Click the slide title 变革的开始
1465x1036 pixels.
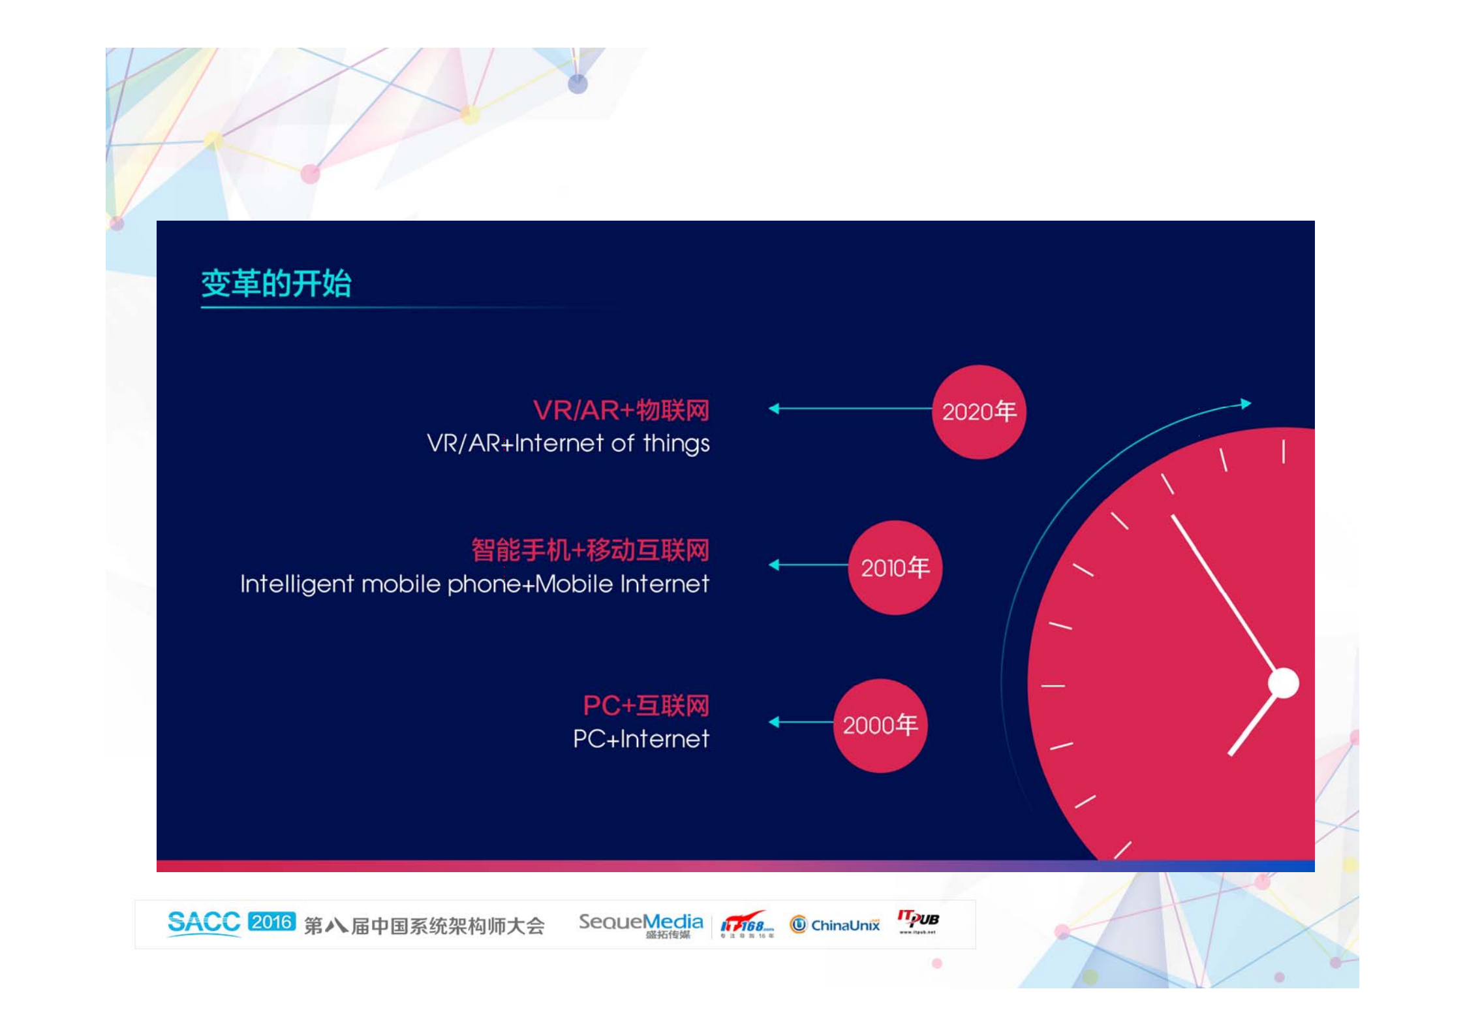276,283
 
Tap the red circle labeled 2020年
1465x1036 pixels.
979,412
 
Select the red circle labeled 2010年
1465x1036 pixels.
895,567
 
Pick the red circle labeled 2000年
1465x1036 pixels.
880,725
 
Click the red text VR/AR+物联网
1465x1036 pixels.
621,410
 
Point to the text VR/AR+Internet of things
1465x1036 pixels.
568,443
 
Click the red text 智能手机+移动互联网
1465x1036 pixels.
591,550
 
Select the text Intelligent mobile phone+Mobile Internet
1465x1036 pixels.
474,584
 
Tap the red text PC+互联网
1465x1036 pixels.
646,705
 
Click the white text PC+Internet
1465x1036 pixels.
641,739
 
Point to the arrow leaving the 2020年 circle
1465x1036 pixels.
850,409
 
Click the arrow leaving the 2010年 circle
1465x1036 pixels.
809,565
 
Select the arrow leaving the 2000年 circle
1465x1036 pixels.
801,721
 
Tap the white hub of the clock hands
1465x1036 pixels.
1283,683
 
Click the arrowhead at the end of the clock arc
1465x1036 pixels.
1246,403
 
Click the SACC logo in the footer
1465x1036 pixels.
204,923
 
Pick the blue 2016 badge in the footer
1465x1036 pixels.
271,922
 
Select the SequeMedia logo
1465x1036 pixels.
641,925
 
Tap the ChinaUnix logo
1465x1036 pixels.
835,925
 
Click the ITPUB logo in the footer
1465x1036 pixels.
918,921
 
